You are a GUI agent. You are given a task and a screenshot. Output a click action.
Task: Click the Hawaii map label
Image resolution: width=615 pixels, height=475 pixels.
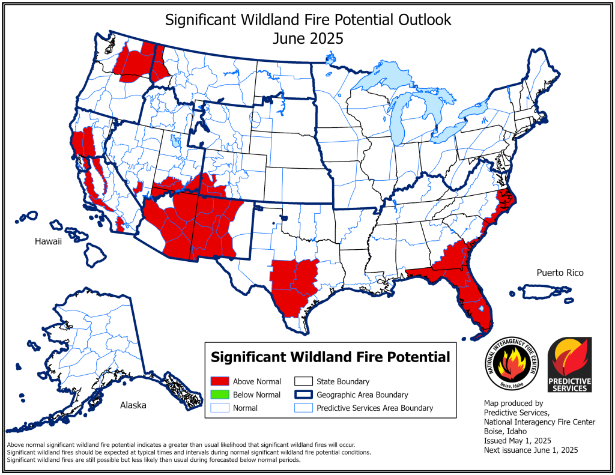pos(47,241)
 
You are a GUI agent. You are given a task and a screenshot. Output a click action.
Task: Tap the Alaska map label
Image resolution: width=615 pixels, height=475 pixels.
pos(133,405)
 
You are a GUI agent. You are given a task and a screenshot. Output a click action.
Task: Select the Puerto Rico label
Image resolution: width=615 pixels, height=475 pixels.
pos(560,273)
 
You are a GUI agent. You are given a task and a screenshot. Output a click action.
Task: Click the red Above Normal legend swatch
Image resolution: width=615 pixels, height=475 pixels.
pos(220,381)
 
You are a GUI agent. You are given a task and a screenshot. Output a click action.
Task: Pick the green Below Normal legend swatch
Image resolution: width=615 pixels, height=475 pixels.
pos(220,395)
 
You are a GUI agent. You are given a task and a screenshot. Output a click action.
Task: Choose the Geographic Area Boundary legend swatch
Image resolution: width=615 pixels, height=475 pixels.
pos(304,395)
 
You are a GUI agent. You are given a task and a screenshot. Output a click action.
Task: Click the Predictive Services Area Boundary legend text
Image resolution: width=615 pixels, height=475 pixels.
pos(374,408)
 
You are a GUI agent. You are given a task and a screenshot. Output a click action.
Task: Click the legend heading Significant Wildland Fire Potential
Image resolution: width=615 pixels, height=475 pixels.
pos(330,357)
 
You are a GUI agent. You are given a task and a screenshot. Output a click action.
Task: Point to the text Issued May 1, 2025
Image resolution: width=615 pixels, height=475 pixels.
pos(517,441)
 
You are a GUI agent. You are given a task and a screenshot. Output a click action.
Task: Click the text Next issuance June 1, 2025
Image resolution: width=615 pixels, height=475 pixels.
pos(530,450)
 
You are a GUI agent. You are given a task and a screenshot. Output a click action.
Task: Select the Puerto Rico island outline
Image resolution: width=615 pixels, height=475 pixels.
pos(549,291)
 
